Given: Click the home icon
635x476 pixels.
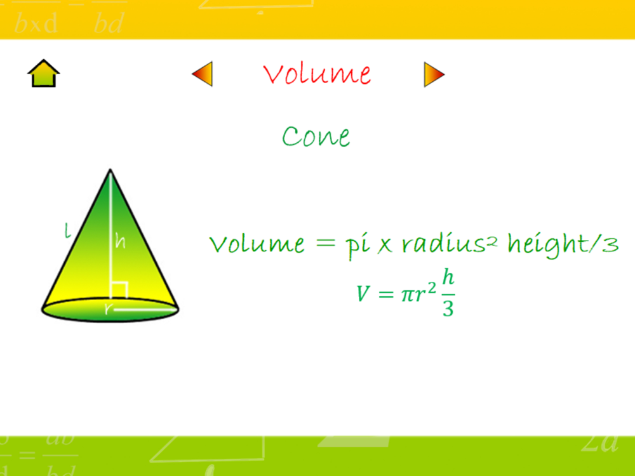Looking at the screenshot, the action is point(44,73).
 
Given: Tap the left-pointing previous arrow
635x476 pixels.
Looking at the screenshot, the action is point(203,74).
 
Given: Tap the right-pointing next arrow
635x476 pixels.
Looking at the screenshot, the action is point(434,74).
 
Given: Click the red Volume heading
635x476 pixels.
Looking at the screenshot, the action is point(317,74).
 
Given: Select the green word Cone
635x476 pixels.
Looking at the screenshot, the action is point(316,136).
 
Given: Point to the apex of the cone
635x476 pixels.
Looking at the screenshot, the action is point(110,169).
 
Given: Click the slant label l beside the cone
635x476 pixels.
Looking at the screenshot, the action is point(68,231).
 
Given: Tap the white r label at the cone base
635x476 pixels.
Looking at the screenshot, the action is point(108,308).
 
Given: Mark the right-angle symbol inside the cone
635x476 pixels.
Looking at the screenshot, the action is point(120,289).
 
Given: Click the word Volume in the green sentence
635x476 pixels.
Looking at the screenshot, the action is point(257,244).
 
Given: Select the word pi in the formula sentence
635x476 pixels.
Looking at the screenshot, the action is point(358,246).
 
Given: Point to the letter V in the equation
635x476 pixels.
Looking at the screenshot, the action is point(363,293).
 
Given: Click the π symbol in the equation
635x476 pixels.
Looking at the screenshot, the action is point(408,294).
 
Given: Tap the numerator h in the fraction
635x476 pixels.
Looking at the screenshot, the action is point(448,278).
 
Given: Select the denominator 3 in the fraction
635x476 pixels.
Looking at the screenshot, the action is point(448,308).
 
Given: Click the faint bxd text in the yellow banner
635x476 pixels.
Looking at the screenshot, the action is point(36,24).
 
